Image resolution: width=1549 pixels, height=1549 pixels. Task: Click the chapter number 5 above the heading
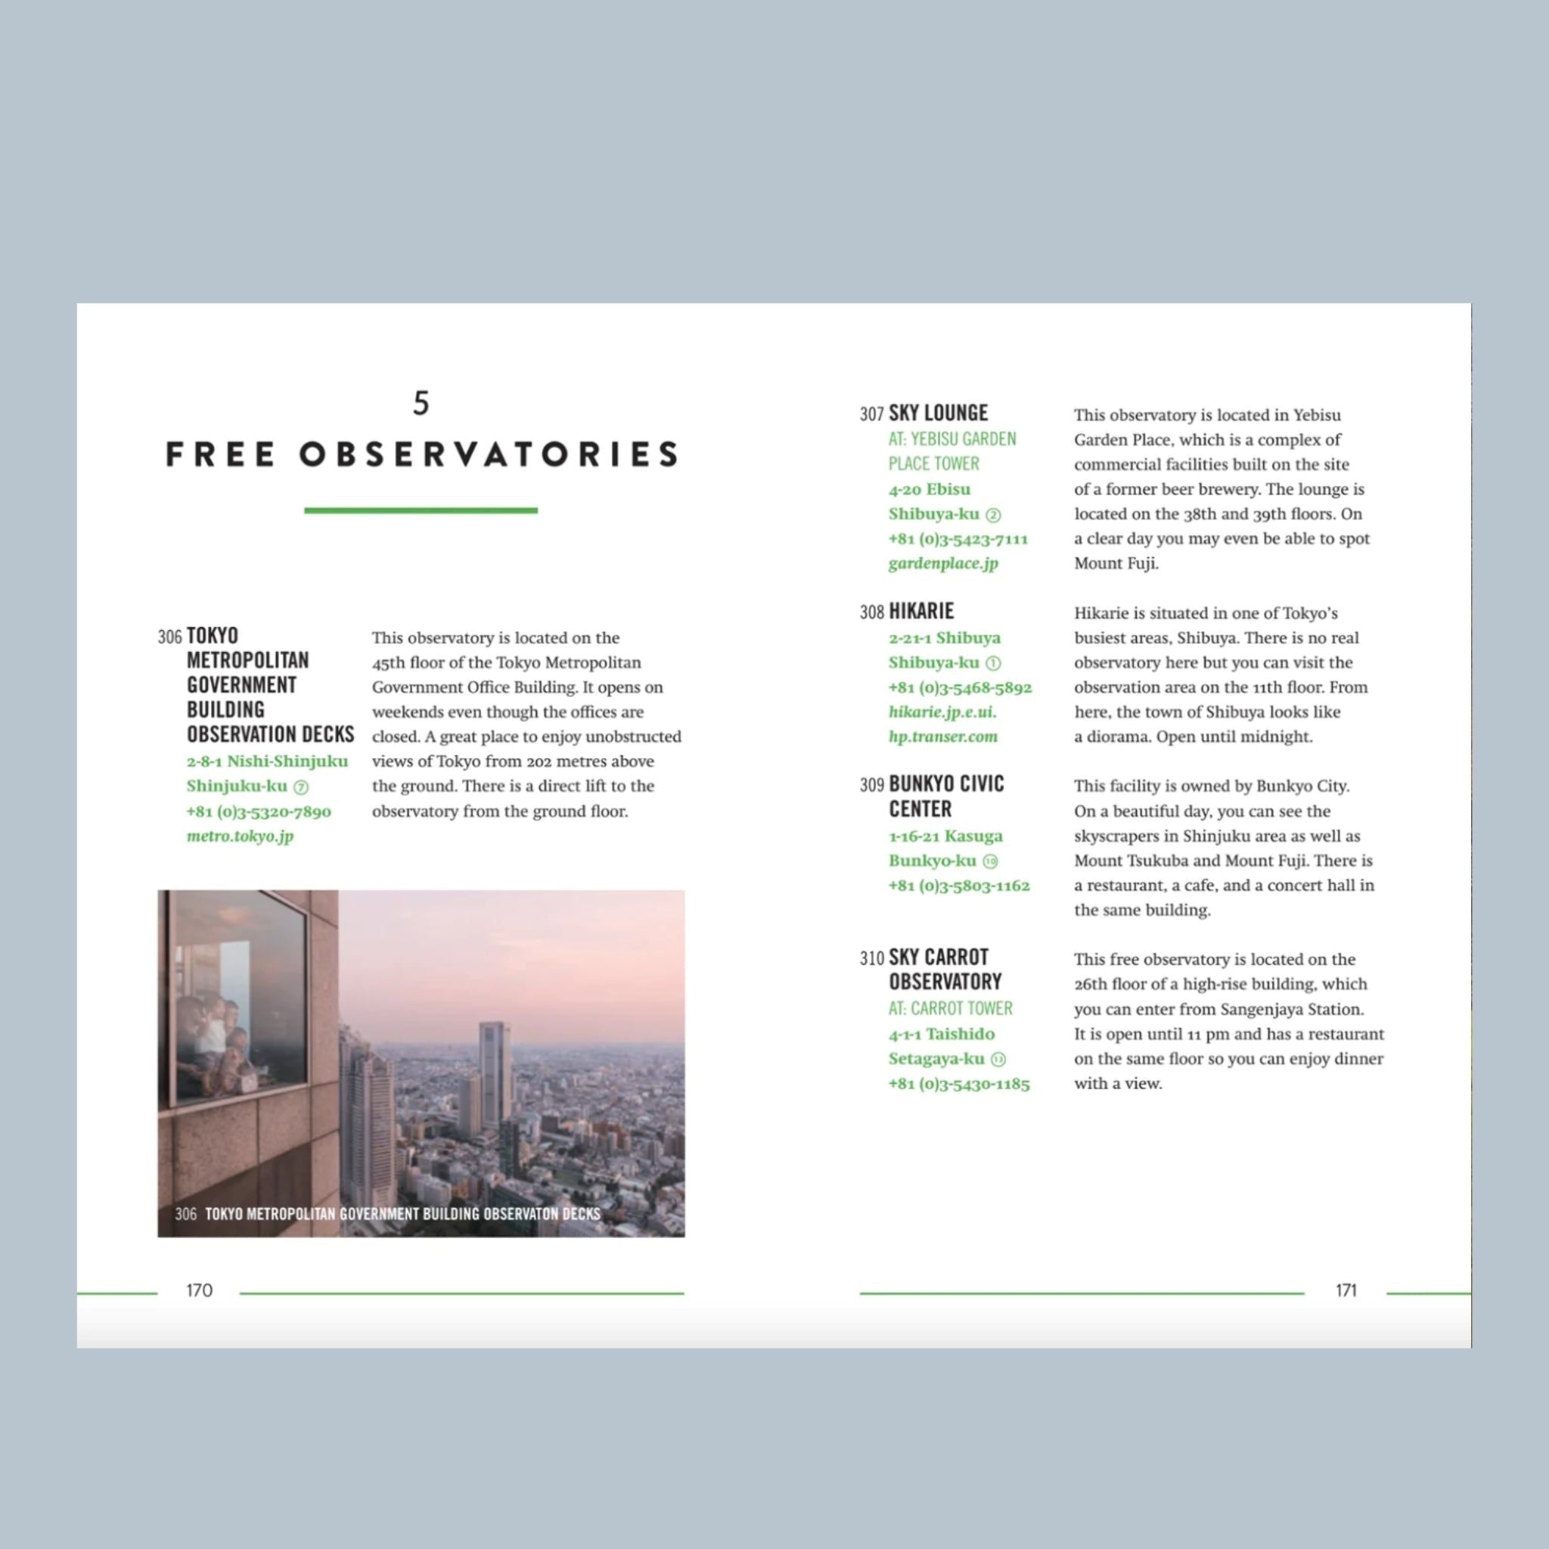coord(421,402)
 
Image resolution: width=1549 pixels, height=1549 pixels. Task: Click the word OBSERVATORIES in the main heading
coord(489,455)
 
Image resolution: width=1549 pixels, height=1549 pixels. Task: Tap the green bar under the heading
coord(421,510)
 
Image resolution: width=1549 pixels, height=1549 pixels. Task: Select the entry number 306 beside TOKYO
coord(170,637)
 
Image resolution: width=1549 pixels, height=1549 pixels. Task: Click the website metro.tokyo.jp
coord(241,837)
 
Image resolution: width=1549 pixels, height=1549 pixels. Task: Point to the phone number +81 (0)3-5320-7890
coord(259,812)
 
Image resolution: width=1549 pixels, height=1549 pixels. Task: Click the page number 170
coord(200,1290)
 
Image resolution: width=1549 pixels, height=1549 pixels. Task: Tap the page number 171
coord(1346,1290)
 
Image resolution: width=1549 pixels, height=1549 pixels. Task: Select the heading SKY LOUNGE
coord(938,413)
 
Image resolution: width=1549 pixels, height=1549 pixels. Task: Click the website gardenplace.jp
coord(944,563)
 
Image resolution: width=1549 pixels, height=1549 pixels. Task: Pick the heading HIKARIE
coord(921,611)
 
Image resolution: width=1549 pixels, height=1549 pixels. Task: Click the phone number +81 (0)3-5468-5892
coord(961,687)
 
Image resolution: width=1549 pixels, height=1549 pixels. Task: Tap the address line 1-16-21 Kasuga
coord(946,837)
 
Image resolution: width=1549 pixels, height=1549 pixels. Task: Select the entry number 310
coord(871,958)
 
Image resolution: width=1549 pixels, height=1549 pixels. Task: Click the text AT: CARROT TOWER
coord(951,1009)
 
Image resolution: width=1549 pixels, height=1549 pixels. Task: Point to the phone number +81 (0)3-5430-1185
coord(960,1084)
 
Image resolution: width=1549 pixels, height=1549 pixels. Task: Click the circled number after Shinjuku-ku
coord(302,787)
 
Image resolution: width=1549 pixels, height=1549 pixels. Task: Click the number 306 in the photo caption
coord(185,1214)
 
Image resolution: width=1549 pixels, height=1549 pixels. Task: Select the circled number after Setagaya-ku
coord(998,1059)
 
